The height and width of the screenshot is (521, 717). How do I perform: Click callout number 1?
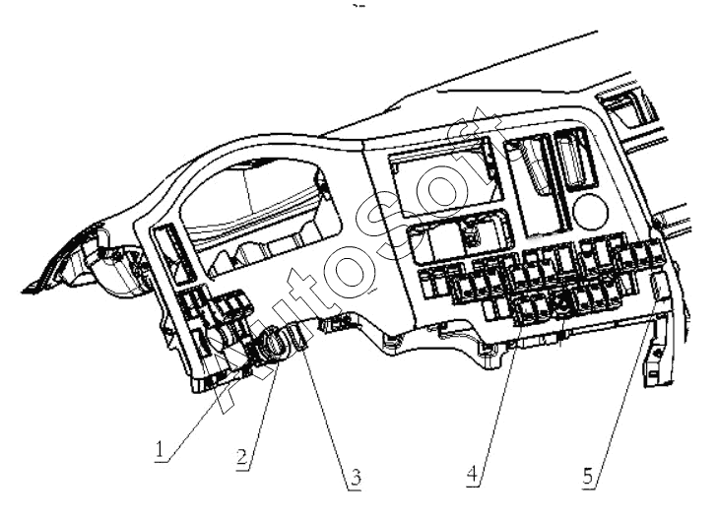point(160,449)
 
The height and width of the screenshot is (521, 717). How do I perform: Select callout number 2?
point(242,457)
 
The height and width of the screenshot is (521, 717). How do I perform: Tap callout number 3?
point(355,477)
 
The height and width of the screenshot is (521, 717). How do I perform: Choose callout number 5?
point(589,476)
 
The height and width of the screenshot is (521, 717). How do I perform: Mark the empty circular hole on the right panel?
point(590,212)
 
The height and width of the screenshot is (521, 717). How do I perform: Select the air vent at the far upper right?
point(627,108)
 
